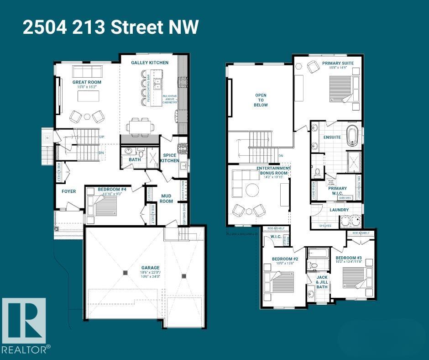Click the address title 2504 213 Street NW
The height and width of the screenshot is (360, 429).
coord(110,28)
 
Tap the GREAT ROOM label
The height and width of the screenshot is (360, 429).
coord(87,83)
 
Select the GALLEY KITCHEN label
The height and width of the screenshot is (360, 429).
coord(150,63)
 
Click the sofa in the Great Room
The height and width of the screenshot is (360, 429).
coord(87,71)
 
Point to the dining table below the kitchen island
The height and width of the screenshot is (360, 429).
coord(139,126)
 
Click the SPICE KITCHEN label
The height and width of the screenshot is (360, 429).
coord(169,158)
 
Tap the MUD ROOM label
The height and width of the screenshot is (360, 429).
coord(166,198)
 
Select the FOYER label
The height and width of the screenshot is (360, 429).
coord(68,191)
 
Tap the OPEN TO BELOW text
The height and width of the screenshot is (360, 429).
coord(261,100)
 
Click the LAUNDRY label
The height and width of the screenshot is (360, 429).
coord(339,210)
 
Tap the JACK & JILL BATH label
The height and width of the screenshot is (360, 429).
coord(322,282)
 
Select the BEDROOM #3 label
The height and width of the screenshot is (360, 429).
coord(352,259)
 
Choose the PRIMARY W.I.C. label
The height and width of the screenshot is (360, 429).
coord(337,191)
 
